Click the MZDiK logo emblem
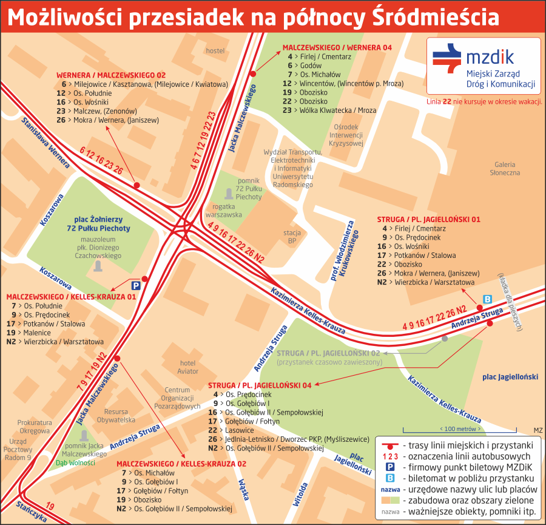click(448, 59)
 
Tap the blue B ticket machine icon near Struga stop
click(487, 299)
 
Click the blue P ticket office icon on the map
click(136, 285)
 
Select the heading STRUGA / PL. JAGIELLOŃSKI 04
click(260, 385)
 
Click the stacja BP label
click(292, 236)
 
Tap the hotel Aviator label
click(188, 367)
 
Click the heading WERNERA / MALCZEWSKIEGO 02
click(111, 74)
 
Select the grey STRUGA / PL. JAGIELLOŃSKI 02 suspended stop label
click(328, 353)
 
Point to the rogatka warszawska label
click(224, 210)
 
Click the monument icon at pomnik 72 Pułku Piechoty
click(228, 194)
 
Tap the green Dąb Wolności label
click(76, 462)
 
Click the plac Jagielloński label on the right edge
click(510, 377)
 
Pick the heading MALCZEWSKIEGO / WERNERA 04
click(337, 47)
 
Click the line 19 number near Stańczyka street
click(50, 506)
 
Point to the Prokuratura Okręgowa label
click(34, 427)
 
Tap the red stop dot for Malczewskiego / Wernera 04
click(253, 73)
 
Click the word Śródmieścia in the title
click(437, 18)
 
